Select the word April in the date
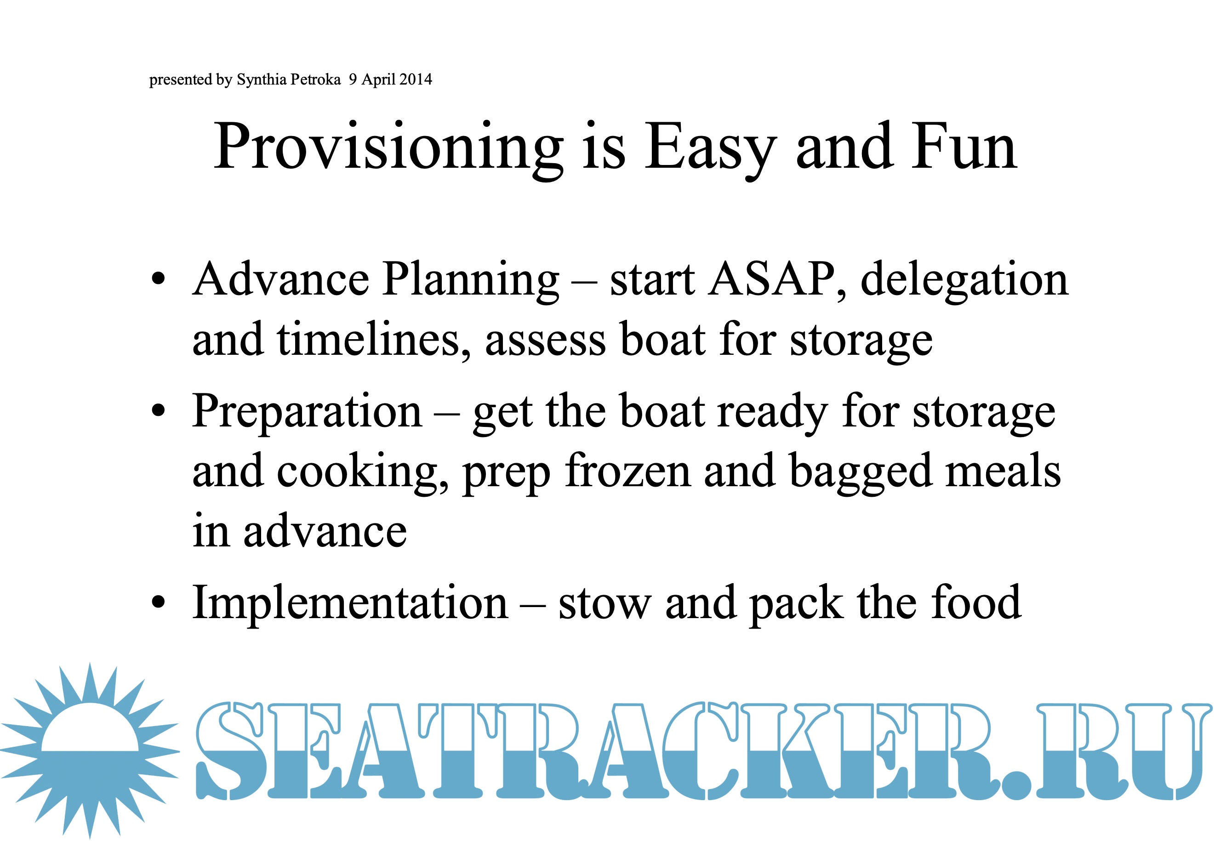(378, 80)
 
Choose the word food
(976, 602)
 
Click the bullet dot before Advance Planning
(158, 279)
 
